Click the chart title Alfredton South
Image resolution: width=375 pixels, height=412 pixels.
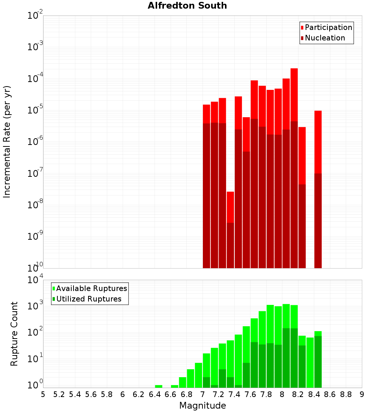pyautogui.click(x=187, y=6)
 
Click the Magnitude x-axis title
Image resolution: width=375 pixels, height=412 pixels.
pyautogui.click(x=202, y=406)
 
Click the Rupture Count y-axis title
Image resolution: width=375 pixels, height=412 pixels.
pyautogui.click(x=14, y=334)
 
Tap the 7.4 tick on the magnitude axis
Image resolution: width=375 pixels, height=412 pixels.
pyautogui.click(x=235, y=394)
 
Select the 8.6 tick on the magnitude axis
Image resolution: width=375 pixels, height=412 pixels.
pyautogui.click(x=330, y=394)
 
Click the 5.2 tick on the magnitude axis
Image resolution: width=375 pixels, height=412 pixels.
pyautogui.click(x=59, y=394)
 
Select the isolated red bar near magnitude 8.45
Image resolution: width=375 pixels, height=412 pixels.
pyautogui.click(x=318, y=142)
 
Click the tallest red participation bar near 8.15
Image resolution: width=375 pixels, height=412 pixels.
pyautogui.click(x=294, y=94)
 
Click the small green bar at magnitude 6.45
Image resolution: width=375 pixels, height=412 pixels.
pyautogui.click(x=159, y=386)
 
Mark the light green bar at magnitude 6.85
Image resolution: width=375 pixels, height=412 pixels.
pyautogui.click(x=190, y=378)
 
